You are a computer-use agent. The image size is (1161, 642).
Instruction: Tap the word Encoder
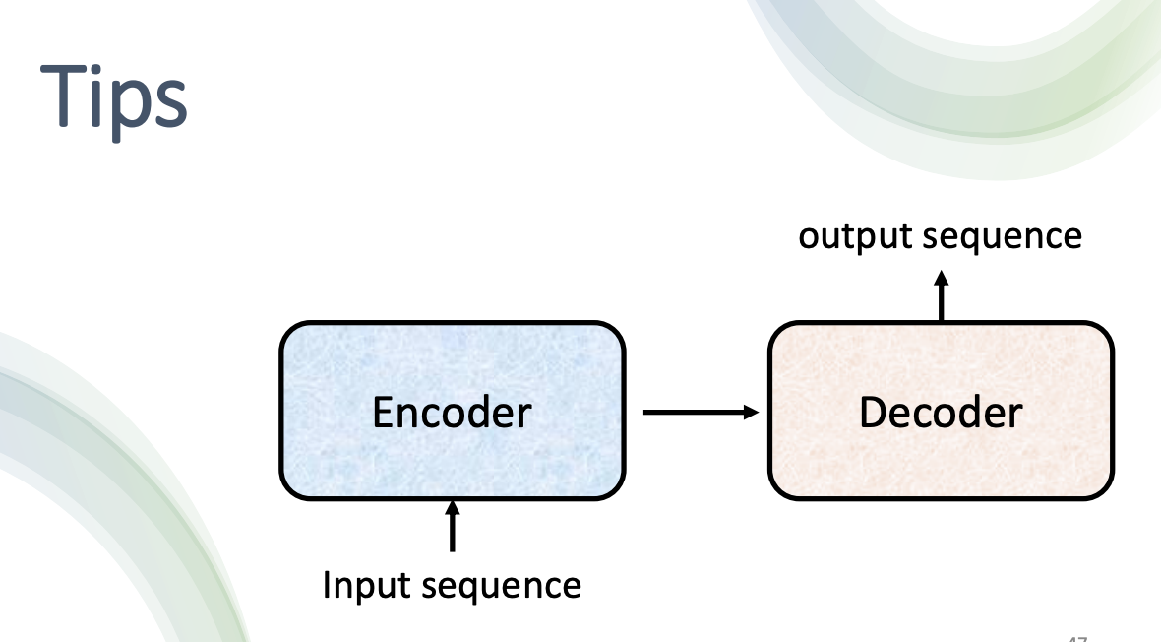pyautogui.click(x=452, y=412)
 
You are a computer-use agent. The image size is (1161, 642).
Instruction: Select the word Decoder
pyautogui.click(x=940, y=412)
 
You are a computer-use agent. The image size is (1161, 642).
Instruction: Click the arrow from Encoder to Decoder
pyautogui.click(x=700, y=412)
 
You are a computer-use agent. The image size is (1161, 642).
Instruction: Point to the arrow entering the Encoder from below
pyautogui.click(x=453, y=527)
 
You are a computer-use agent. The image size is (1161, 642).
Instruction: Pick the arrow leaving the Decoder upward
pyautogui.click(x=941, y=295)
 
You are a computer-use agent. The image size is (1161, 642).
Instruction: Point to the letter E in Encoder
pyautogui.click(x=383, y=412)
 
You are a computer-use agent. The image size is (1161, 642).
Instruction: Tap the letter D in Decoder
pyautogui.click(x=872, y=412)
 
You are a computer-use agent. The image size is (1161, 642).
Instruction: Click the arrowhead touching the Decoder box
pyautogui.click(x=752, y=412)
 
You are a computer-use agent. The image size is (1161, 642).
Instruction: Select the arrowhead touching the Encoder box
pyautogui.click(x=453, y=508)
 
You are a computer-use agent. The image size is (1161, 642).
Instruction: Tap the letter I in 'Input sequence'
pyautogui.click(x=329, y=585)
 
